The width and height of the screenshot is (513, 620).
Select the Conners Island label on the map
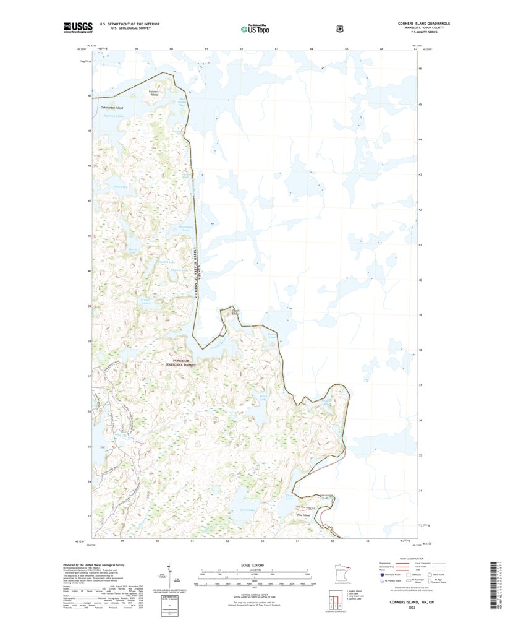[x=154, y=93]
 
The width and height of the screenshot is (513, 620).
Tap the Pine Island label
[x=303, y=515]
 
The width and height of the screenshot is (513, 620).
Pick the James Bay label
[x=121, y=187]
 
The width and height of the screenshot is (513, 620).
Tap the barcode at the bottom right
[x=494, y=575]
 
